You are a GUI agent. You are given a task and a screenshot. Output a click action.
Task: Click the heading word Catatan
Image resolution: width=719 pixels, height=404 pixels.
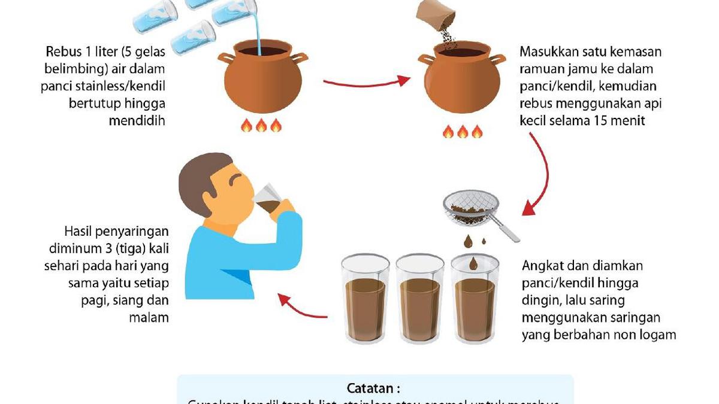(x=373, y=388)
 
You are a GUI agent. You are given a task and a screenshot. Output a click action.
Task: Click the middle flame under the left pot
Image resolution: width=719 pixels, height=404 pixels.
(x=261, y=126)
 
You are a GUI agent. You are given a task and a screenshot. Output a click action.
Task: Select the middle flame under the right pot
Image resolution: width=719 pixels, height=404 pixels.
(x=463, y=132)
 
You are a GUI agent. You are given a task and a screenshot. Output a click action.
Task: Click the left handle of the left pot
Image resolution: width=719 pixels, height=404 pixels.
(x=226, y=59)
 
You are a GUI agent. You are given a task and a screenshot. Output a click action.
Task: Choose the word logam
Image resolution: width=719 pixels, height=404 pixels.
(x=657, y=335)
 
